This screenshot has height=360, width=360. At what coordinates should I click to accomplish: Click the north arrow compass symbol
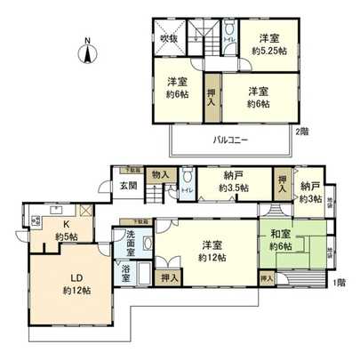pos(86,52)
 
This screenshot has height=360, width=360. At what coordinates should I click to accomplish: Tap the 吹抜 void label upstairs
pos(169,38)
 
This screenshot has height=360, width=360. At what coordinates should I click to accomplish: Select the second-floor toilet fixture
pos(229,28)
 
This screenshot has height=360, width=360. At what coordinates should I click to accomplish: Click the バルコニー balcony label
pos(230,140)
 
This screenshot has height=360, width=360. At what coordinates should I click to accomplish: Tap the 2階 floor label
pos(304,132)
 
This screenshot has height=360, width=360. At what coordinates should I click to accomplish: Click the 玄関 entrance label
pos(128,186)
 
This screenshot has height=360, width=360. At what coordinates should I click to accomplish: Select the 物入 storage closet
pos(160,177)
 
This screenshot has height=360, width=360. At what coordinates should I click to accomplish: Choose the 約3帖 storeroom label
pos(310,199)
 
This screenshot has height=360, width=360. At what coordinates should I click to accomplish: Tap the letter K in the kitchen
pos(65,224)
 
